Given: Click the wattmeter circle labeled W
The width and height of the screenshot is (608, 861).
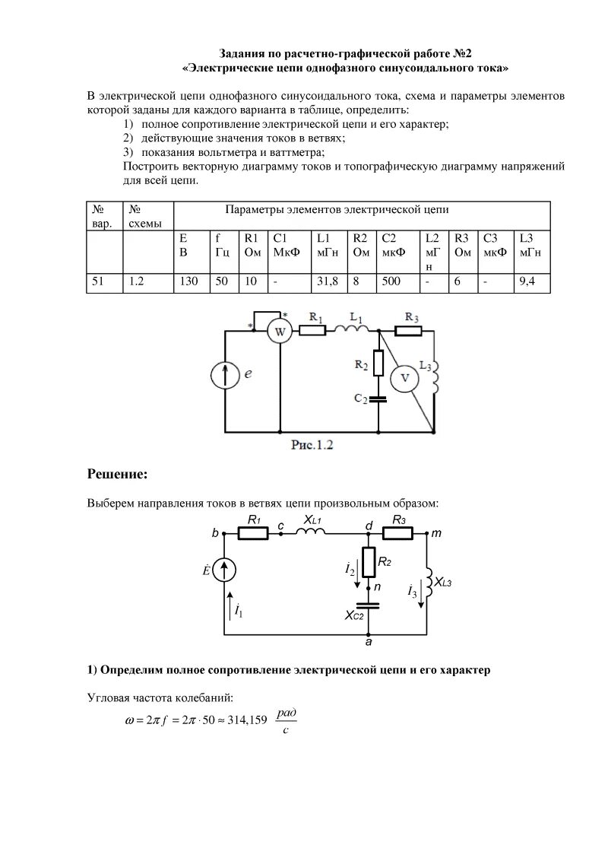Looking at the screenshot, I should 279,331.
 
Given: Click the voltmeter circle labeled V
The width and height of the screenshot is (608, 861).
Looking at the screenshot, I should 404,378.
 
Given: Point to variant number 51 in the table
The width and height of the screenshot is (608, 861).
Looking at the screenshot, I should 98,281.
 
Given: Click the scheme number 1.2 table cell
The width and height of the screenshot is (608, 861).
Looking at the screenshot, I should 137,281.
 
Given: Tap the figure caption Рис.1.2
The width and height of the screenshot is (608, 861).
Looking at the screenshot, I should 313,445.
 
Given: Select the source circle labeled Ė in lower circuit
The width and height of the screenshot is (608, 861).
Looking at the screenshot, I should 225,570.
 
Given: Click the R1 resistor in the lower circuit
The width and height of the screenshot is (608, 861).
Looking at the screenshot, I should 254,534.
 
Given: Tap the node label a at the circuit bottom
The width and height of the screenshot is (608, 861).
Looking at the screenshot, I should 369,643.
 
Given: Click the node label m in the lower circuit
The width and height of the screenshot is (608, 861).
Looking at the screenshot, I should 436,534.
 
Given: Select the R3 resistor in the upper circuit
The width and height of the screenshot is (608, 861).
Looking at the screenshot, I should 409,330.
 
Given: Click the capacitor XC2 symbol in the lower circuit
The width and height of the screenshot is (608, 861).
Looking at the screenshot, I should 368,607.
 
